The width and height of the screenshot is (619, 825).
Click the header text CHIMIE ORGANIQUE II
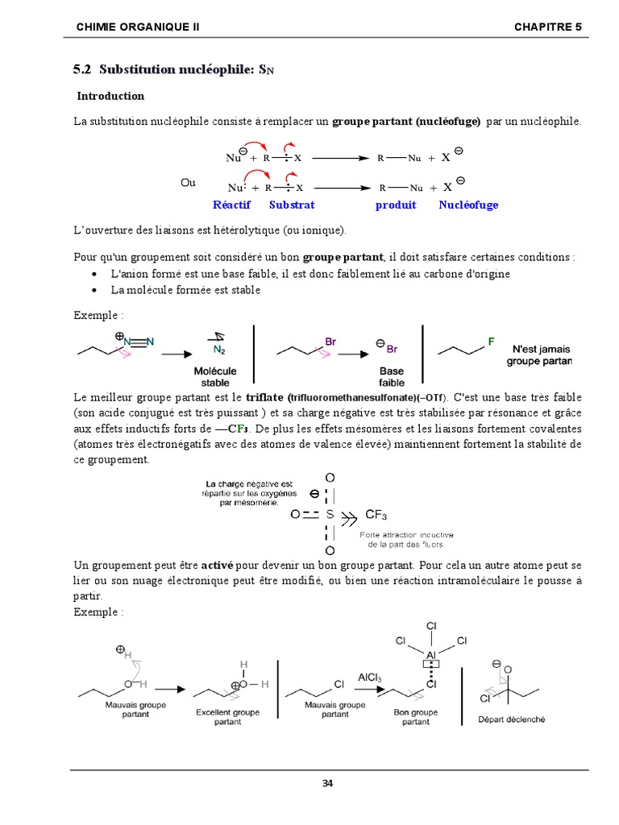pyautogui.click(x=137, y=27)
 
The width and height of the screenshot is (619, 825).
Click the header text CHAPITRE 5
pyautogui.click(x=547, y=27)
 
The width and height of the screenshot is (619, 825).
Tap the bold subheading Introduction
pyautogui.click(x=110, y=96)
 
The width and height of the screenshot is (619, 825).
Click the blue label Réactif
pyautogui.click(x=233, y=205)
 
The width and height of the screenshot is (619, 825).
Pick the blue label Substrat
pyautogui.click(x=292, y=205)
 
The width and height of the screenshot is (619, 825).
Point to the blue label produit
pyautogui.click(x=396, y=205)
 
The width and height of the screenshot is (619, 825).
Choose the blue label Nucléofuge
pyautogui.click(x=468, y=205)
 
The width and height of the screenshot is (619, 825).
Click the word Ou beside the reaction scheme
pyautogui.click(x=188, y=183)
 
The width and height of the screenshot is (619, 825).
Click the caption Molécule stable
pyautogui.click(x=215, y=376)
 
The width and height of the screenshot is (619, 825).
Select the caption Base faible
pyautogui.click(x=392, y=376)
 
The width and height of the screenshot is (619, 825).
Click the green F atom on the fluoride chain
pyautogui.click(x=491, y=342)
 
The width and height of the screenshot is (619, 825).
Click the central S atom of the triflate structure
pyautogui.click(x=329, y=514)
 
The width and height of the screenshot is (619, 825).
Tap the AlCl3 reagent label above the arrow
pyautogui.click(x=375, y=678)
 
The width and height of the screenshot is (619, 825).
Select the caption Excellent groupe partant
pyautogui.click(x=228, y=717)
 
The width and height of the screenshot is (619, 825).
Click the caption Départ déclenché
pyautogui.click(x=511, y=719)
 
